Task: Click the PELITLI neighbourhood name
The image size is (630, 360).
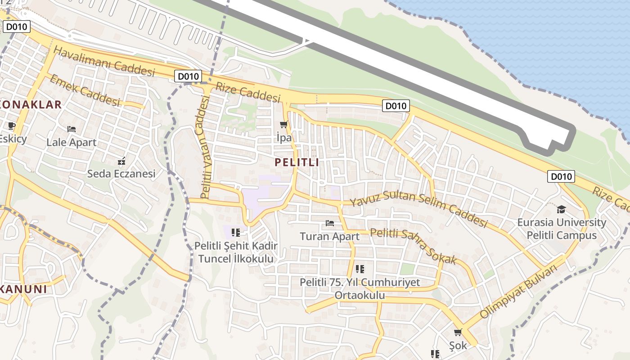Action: (x=297, y=162)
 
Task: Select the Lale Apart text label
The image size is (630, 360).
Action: (x=72, y=143)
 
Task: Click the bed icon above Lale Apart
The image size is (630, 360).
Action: (x=72, y=129)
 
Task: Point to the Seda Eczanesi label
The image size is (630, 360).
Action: (x=121, y=173)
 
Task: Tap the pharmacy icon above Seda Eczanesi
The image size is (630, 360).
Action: (x=121, y=161)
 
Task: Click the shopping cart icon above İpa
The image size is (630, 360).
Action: (x=283, y=124)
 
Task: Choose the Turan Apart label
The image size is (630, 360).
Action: (x=330, y=236)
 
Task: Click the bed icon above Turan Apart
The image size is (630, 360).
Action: (x=330, y=223)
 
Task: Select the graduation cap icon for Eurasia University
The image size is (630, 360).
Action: (x=561, y=209)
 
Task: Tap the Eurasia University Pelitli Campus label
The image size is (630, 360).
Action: (x=562, y=229)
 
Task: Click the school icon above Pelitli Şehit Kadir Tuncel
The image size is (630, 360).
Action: (x=236, y=232)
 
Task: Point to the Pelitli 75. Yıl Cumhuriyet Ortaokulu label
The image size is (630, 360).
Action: (x=360, y=288)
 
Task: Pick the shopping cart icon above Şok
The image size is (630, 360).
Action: (x=458, y=333)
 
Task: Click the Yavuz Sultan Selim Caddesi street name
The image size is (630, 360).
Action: (x=418, y=209)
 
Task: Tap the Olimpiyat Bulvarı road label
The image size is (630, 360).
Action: (x=518, y=291)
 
